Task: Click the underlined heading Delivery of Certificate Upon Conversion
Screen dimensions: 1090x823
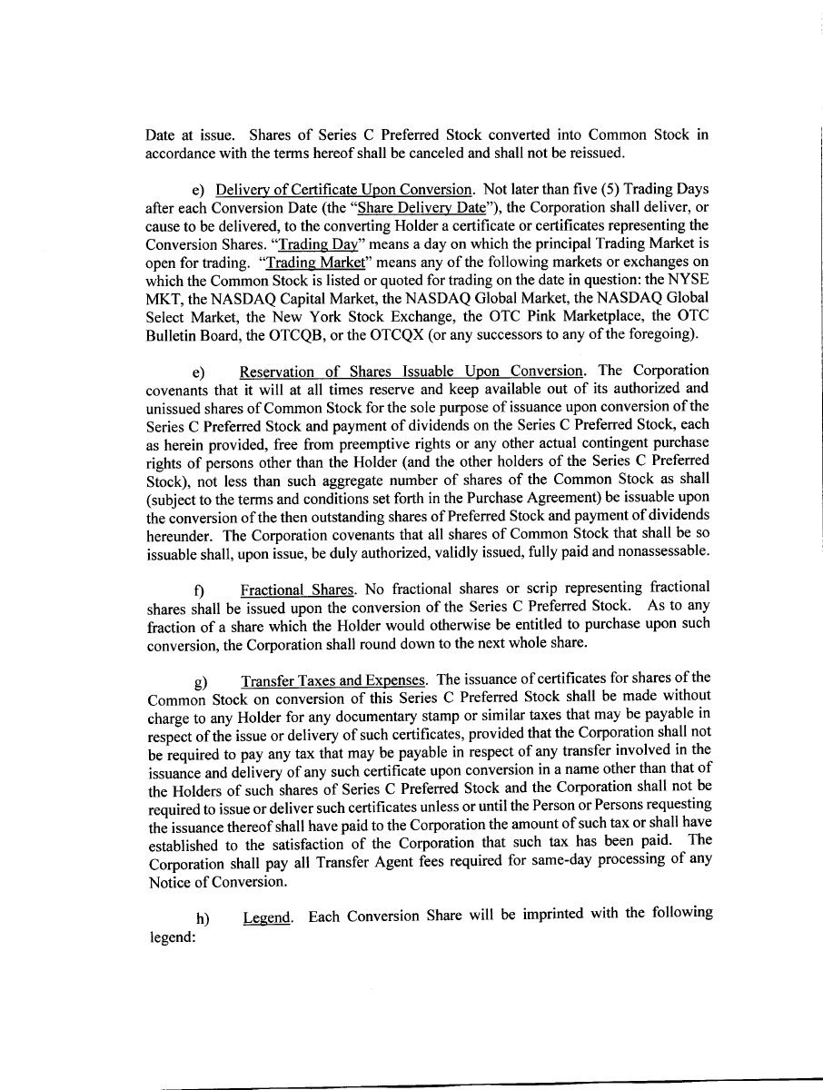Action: [343, 190]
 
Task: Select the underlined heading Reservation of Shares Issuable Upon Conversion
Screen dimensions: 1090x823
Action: [411, 371]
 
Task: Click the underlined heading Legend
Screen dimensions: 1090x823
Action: [268, 917]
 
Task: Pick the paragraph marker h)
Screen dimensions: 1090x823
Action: [202, 918]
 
